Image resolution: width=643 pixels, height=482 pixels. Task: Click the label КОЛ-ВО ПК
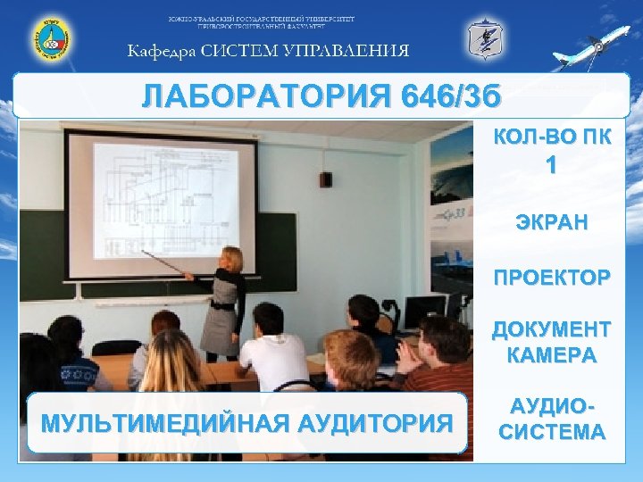click(x=552, y=137)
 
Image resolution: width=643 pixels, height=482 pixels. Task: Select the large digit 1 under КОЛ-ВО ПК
click(x=552, y=166)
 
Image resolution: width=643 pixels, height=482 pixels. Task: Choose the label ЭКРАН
click(x=552, y=222)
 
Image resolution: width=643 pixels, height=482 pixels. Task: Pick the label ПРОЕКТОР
click(x=552, y=277)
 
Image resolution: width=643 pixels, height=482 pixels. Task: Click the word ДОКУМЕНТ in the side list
click(x=552, y=330)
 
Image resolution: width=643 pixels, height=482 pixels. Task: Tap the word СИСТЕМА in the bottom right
click(x=552, y=433)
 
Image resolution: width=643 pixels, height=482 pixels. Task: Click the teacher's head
click(x=231, y=260)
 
